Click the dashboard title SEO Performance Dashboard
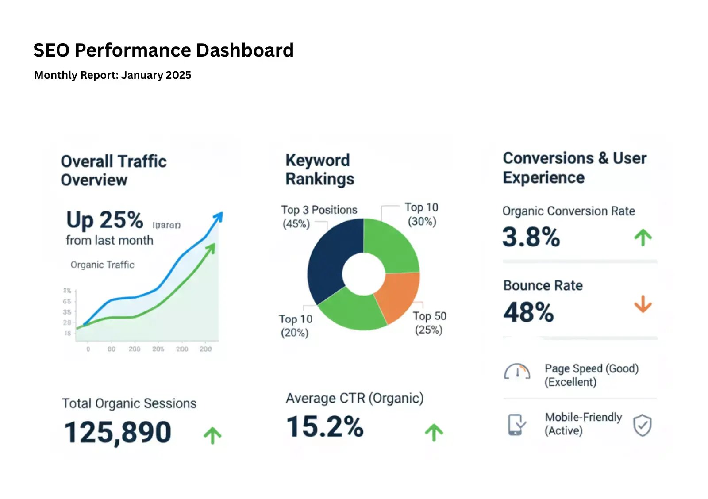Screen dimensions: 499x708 pos(163,50)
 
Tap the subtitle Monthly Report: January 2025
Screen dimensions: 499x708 pos(112,75)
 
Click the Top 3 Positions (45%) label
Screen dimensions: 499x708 pos(319,216)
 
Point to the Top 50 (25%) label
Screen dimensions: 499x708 pos(429,322)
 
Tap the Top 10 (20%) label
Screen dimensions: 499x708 pos(295,326)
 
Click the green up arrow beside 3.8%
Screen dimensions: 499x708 pos(643,238)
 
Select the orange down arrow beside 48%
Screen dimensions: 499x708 pos(643,304)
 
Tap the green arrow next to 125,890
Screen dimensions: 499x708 pos(212,435)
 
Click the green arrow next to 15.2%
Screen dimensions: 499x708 pos(434,432)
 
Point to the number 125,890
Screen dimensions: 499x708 pos(118,432)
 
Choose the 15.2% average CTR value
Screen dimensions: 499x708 pos(325,427)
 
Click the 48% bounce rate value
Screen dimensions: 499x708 pos(528,312)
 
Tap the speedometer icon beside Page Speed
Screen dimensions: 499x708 pos(517,372)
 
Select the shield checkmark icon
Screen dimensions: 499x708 pos(642,425)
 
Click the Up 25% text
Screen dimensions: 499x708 pos(105,220)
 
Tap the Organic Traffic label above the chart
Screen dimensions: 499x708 pos(102,265)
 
